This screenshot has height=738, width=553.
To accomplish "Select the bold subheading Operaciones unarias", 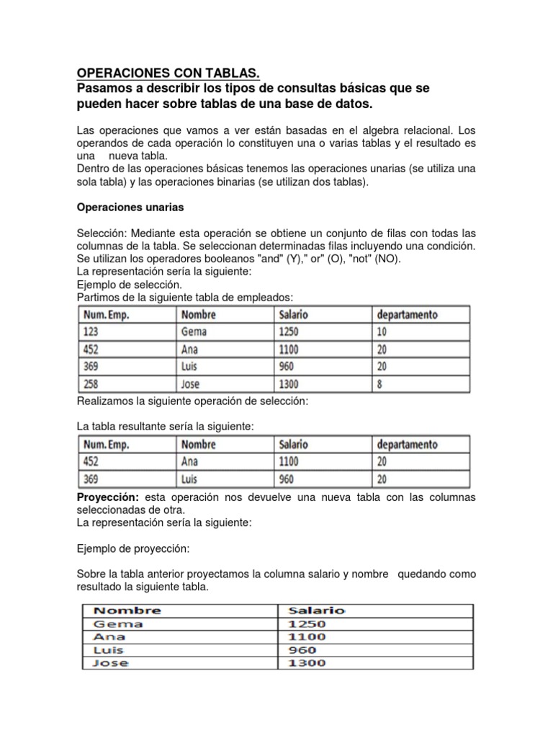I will coord(130,207).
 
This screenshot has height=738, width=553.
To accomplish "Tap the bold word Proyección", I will coord(108,498).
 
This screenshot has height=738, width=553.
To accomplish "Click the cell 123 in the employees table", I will coord(91,332).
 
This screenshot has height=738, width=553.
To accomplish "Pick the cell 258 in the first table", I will coord(91,383).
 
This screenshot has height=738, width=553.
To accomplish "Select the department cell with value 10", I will coord(382,332).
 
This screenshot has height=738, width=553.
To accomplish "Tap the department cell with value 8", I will coord(379,383).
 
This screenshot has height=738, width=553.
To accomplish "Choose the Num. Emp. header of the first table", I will coord(106,315).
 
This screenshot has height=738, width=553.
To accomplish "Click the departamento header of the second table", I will coord(407,445).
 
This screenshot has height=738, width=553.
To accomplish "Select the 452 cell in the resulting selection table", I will coord(91,461).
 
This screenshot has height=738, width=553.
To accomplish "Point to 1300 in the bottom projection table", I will coord(306,663).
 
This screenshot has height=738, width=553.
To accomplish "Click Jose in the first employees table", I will coord(191,383).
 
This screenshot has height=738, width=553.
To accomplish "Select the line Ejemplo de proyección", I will coord(133,549).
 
